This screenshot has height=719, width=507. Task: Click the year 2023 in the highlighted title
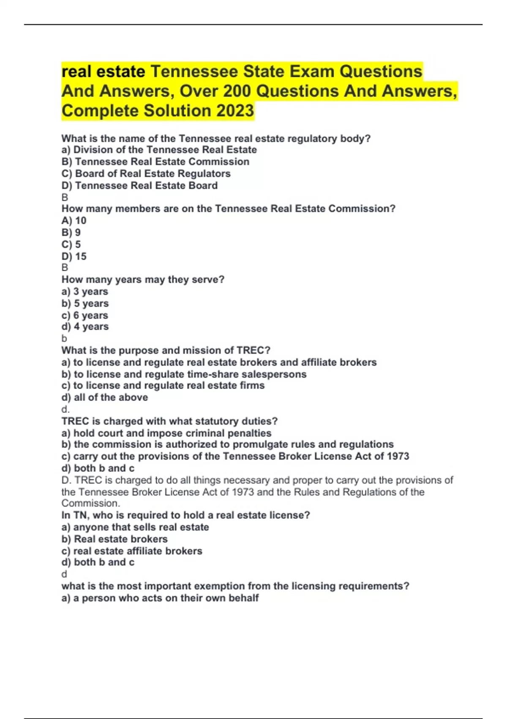(x=235, y=111)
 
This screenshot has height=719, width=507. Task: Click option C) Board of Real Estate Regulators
(x=146, y=173)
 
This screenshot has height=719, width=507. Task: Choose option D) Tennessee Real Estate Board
(x=140, y=185)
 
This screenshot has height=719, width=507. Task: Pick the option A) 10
(x=74, y=220)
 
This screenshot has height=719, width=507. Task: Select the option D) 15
(x=74, y=256)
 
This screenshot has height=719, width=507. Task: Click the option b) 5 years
(x=85, y=303)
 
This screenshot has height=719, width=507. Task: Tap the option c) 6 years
(x=85, y=315)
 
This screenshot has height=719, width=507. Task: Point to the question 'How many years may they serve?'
(x=143, y=280)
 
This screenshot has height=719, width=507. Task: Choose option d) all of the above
(x=105, y=398)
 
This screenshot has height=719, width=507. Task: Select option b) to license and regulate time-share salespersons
(x=184, y=374)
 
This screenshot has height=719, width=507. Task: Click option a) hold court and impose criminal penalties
(x=166, y=433)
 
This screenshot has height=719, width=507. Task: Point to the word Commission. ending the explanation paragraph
(x=91, y=503)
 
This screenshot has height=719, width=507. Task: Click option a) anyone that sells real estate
(x=135, y=527)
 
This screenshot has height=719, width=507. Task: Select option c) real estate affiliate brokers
(x=132, y=551)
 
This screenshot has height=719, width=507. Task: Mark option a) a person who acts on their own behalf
(x=160, y=598)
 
